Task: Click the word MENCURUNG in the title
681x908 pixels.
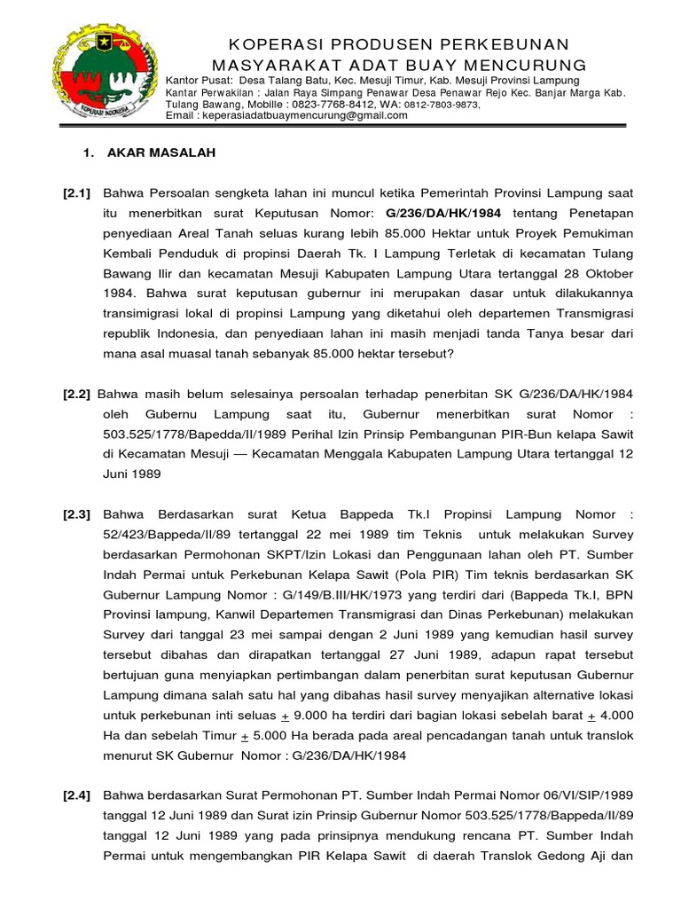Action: [531, 66]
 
